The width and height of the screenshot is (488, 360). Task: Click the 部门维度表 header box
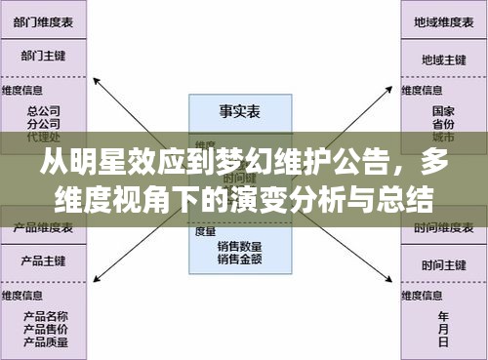click(x=44, y=20)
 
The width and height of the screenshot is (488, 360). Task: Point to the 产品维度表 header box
click(x=44, y=227)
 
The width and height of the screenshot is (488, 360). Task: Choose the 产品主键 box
click(x=44, y=263)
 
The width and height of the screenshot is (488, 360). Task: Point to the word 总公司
click(x=44, y=111)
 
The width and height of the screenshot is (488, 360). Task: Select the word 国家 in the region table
click(x=443, y=111)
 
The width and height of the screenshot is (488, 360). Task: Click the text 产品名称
click(x=44, y=317)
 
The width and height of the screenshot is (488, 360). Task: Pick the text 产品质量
click(x=44, y=341)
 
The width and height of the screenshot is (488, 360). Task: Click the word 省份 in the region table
click(x=443, y=124)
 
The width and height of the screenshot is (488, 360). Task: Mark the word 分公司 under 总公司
click(x=44, y=124)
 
